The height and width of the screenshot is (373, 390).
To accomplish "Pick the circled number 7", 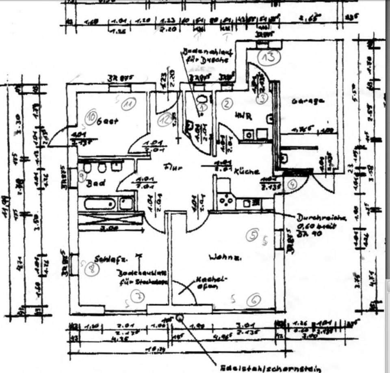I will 138,297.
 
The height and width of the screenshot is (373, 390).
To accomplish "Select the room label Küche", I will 246,172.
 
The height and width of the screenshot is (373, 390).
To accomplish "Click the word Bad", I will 95,183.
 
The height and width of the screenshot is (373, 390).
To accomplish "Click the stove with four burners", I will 226,200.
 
